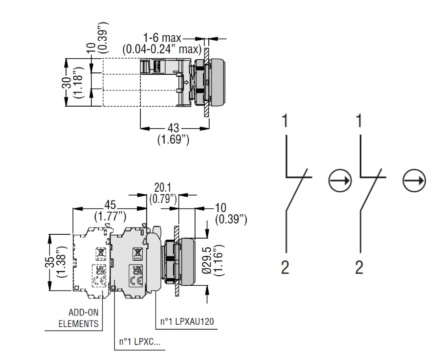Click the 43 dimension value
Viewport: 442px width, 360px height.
pos(173,128)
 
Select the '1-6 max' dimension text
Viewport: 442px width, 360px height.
pos(162,38)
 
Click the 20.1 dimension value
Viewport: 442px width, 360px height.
pos(163,188)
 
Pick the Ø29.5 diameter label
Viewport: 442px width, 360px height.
pos(207,260)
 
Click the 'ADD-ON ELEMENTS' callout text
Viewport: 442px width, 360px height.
pos(79,318)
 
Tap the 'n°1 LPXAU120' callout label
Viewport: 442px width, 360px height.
pos(187,321)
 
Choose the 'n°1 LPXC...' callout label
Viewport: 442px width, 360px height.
pos(139,342)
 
